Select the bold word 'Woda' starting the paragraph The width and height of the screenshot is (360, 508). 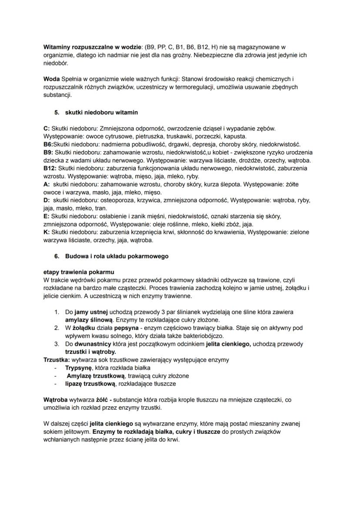click(x=52, y=79)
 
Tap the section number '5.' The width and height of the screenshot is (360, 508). click(x=57, y=113)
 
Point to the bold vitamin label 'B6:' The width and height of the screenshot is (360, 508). click(x=48, y=144)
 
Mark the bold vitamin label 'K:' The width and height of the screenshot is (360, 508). click(x=47, y=232)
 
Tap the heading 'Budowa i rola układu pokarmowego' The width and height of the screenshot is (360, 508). click(x=117, y=256)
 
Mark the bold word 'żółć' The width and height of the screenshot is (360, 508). click(x=101, y=399)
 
